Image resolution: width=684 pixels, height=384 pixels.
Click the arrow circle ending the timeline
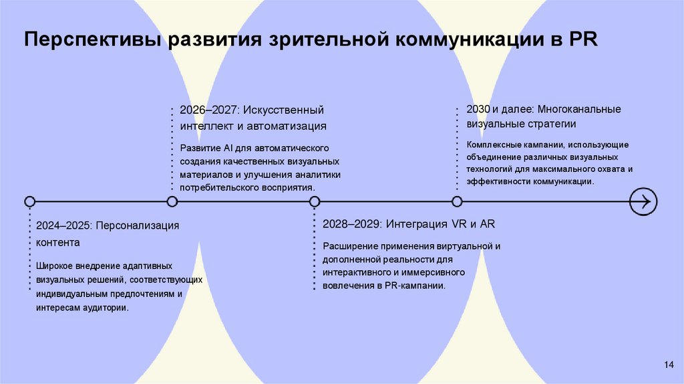(644, 201)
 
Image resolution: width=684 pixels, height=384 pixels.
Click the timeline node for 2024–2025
(29, 201)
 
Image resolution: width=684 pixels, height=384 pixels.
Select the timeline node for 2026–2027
(172, 201)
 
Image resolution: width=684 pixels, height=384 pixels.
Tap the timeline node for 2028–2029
(315, 201)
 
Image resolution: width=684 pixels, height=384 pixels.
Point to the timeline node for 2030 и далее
(457, 201)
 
